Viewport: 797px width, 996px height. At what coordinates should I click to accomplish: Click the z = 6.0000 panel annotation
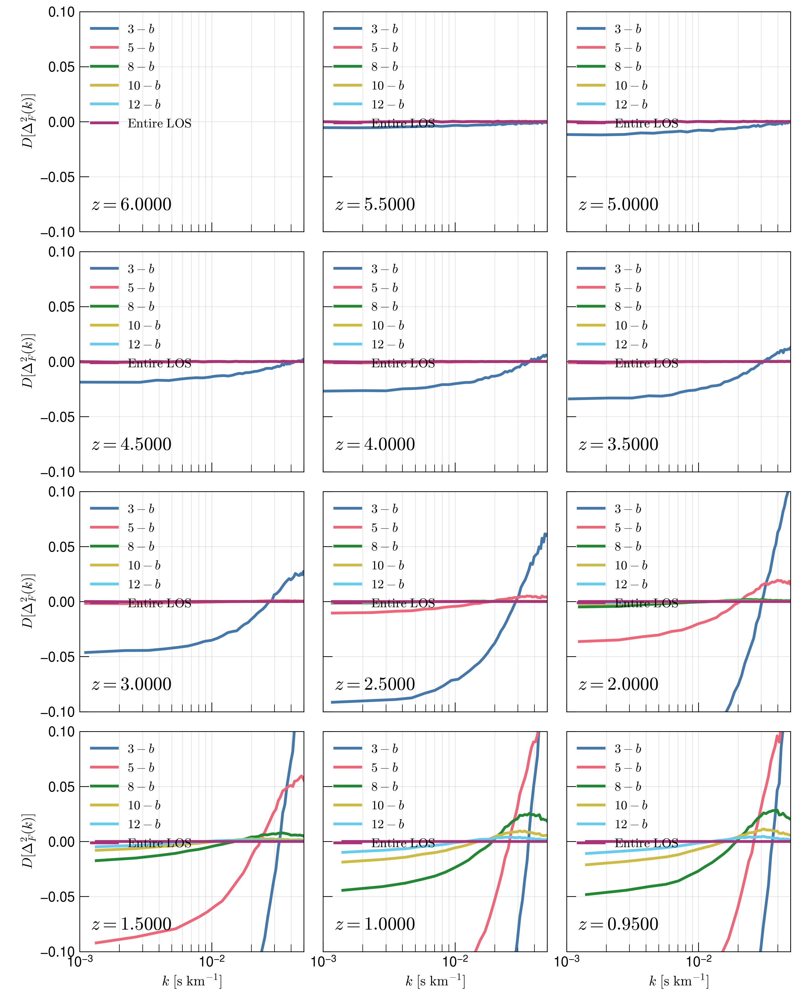coord(132,204)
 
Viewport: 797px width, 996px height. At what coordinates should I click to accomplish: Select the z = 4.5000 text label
coord(132,444)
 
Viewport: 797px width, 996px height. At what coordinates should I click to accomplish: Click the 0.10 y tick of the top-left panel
coord(61,12)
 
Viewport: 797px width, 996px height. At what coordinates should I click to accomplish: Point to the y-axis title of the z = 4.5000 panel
coord(29,362)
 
